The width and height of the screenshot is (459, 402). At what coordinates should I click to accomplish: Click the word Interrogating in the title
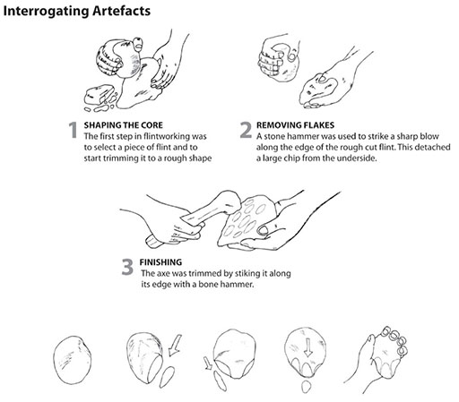tap(46, 12)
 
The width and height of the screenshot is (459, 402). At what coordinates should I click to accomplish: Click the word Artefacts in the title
tap(121, 11)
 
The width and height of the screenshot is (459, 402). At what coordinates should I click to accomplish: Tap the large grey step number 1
tap(73, 130)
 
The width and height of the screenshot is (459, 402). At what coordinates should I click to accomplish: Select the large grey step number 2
tap(246, 130)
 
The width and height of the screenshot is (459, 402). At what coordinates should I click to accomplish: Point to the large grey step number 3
tap(127, 267)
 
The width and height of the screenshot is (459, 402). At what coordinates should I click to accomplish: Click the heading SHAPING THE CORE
tap(124, 125)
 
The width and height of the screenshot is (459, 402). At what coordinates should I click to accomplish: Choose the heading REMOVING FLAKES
tap(295, 125)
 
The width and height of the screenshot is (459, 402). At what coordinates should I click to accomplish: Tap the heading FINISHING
tap(160, 262)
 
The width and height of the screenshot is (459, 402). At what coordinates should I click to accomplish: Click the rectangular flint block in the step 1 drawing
tap(99, 95)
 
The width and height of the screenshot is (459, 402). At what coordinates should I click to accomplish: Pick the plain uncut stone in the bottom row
tap(73, 360)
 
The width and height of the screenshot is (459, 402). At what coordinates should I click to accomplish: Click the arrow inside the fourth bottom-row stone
tap(308, 347)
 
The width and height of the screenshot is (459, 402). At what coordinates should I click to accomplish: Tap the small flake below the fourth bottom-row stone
tap(306, 387)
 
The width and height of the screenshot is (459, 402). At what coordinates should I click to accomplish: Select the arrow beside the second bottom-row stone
tap(175, 345)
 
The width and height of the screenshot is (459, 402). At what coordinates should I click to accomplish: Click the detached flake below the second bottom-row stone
tap(168, 377)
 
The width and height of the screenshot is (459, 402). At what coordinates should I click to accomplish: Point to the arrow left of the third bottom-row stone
tap(209, 364)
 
